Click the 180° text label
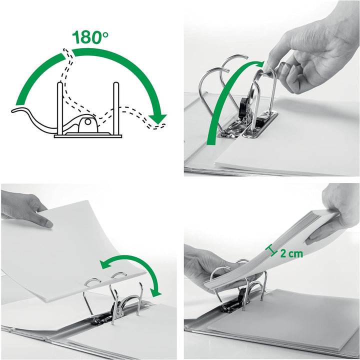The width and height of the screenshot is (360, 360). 91,37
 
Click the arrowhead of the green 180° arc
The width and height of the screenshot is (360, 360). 160,118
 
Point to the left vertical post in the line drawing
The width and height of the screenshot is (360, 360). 59,107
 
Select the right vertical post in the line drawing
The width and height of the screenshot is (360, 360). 116,107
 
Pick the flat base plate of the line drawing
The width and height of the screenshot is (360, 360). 88,134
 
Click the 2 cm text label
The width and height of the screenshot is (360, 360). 291,253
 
